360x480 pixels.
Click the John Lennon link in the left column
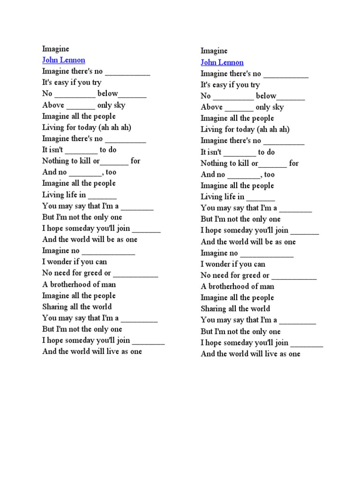64,60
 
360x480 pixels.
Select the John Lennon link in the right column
222,62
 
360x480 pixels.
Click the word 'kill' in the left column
85,161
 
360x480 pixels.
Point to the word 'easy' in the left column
63,82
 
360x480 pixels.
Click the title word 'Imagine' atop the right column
214,51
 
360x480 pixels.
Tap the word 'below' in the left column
107,93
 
